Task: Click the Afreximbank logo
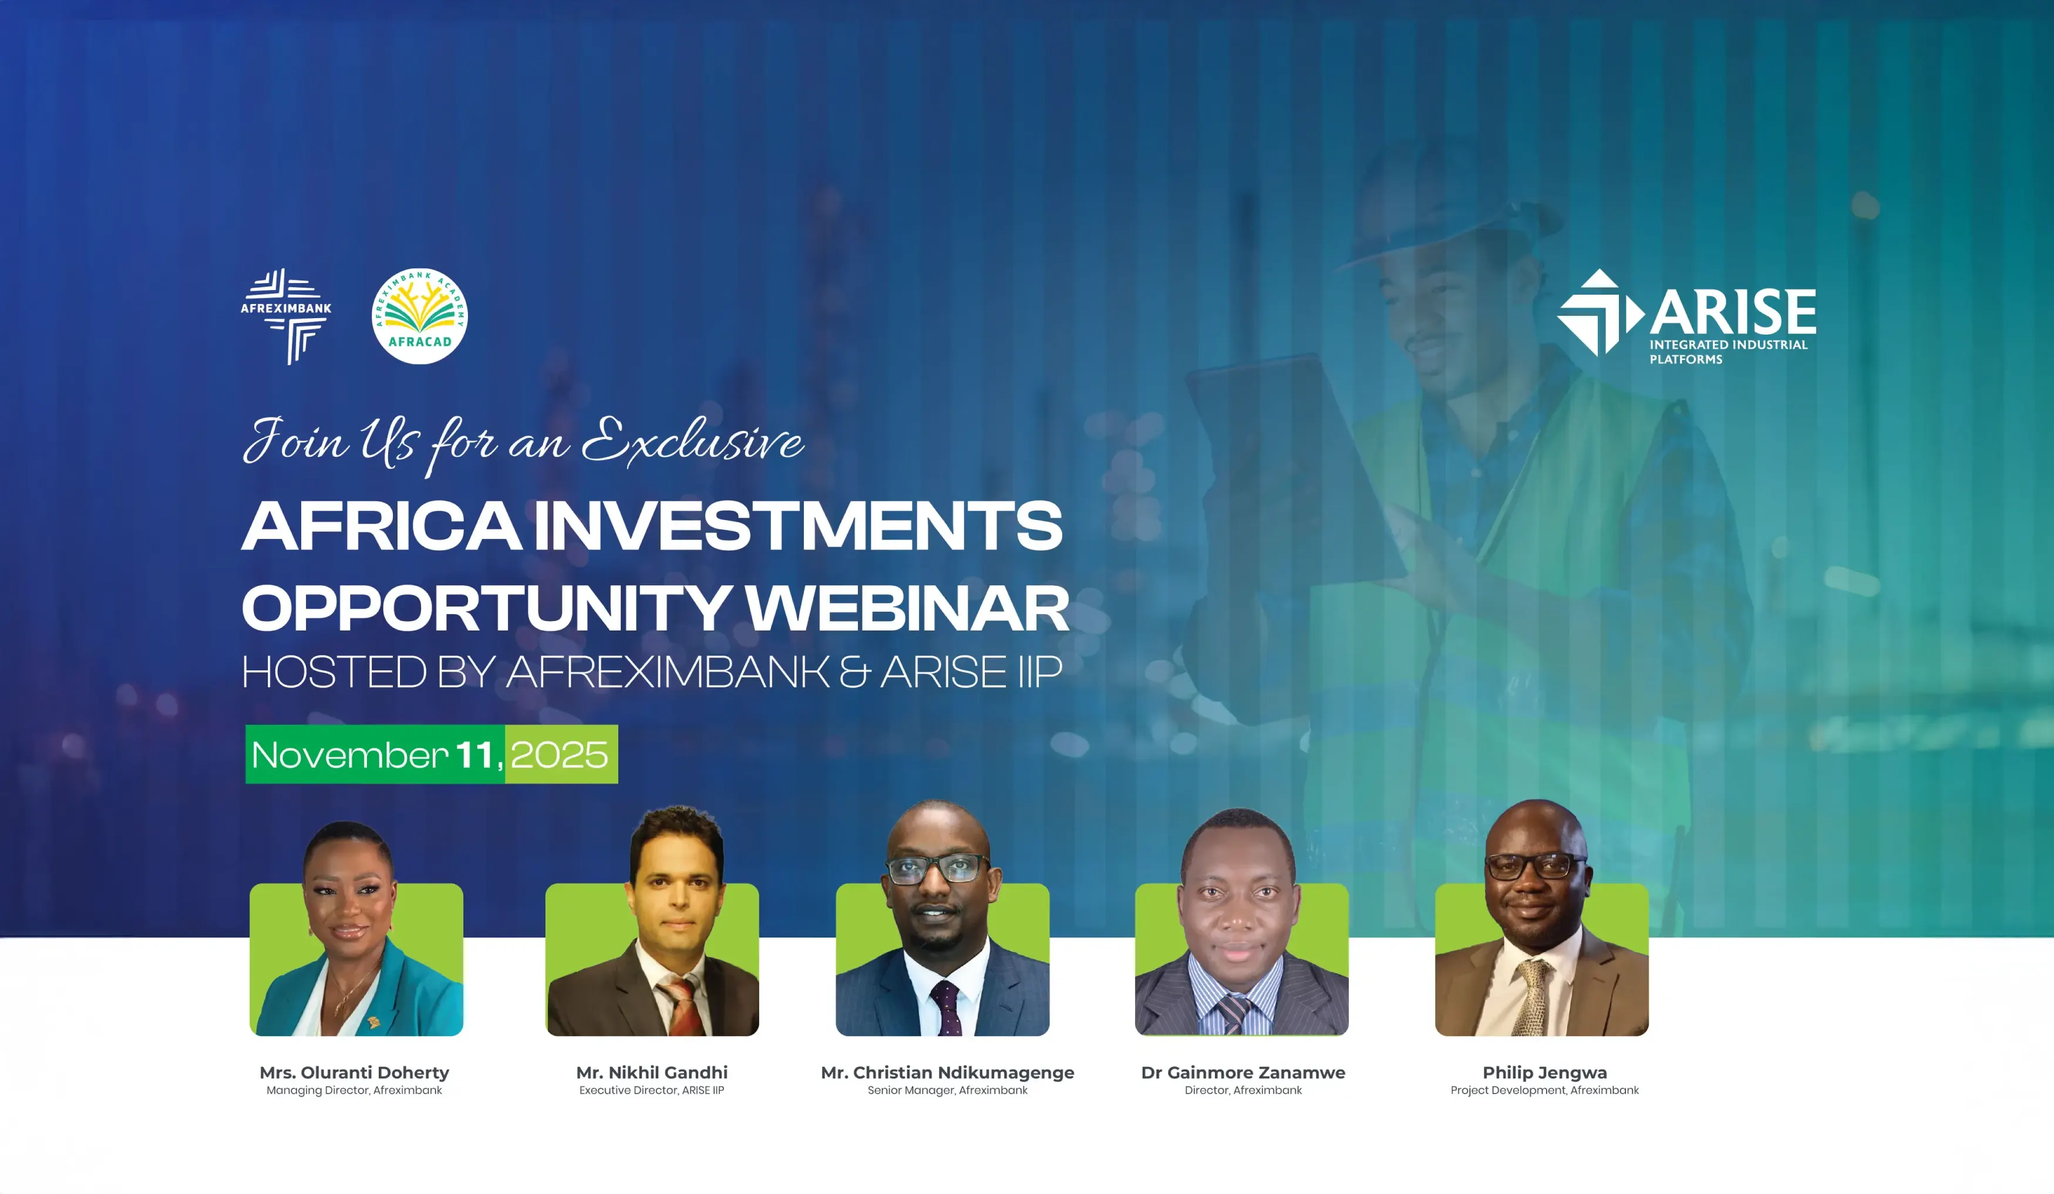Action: click(285, 315)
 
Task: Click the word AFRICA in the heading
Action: click(382, 527)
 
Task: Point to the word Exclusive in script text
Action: click(693, 443)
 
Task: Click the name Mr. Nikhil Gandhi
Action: click(651, 1072)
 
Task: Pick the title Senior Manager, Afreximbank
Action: click(947, 1091)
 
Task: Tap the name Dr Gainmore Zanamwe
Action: click(1243, 1072)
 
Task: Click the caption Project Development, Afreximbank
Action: click(1544, 1091)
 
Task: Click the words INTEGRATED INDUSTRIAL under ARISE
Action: click(1728, 345)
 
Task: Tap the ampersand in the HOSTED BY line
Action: click(854, 672)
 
